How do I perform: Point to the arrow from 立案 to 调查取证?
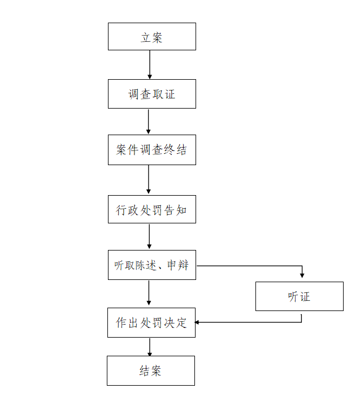click(x=150, y=64)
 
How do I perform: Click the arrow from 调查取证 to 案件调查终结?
click(x=149, y=122)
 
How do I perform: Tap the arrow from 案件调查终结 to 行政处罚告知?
click(x=149, y=180)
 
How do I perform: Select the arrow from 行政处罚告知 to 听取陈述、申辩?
click(x=149, y=236)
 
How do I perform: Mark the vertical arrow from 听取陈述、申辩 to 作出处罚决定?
click(x=149, y=293)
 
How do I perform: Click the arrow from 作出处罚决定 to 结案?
click(x=150, y=347)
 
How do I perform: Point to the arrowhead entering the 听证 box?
click(x=302, y=275)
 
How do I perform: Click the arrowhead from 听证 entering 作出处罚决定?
click(x=197, y=322)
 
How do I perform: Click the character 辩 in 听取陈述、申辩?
click(x=183, y=265)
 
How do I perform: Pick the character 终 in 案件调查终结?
click(x=169, y=150)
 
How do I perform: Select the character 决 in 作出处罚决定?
click(x=169, y=323)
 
